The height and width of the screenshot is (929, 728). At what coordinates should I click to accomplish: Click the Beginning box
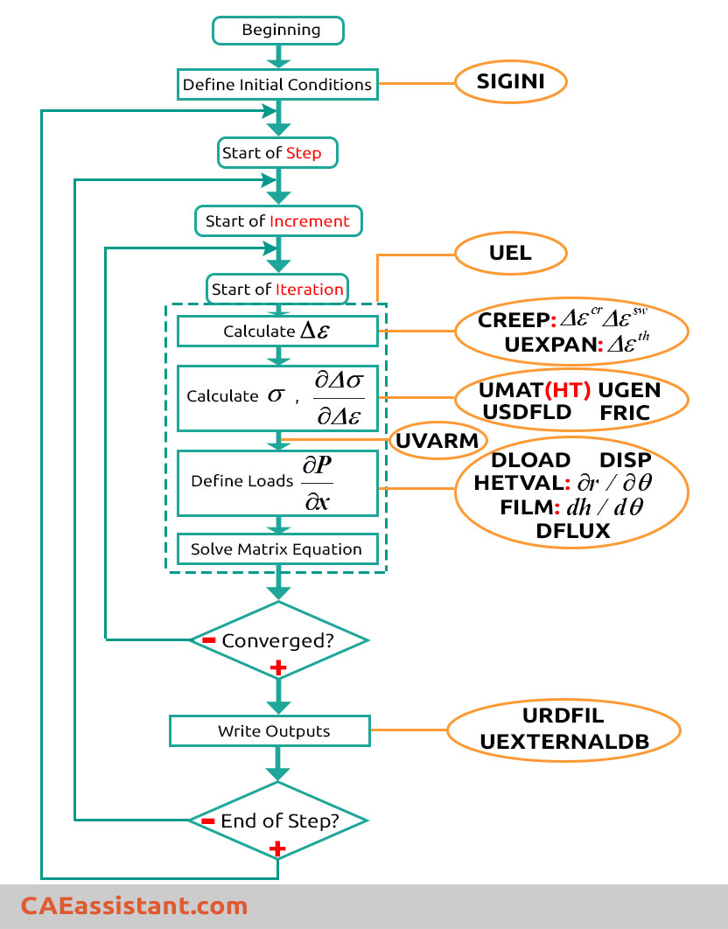point(278,31)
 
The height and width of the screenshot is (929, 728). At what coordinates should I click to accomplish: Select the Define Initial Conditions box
point(277,84)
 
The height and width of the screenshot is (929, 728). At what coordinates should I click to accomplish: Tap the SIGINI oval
point(510,81)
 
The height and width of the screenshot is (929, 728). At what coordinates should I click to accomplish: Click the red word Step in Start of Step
point(304,153)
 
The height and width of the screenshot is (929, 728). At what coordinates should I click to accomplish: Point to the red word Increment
point(310,221)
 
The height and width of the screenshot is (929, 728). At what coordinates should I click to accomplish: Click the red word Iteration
point(310,290)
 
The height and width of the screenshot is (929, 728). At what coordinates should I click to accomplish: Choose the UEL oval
point(510,253)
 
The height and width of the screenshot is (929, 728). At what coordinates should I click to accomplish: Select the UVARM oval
point(437,440)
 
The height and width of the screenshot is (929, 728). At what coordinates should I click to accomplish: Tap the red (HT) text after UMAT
point(567,390)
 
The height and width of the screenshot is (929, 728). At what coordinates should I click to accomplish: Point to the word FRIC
point(625,412)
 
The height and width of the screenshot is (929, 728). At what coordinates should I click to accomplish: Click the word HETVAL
point(519,483)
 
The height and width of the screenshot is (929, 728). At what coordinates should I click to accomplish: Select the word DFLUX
point(572,531)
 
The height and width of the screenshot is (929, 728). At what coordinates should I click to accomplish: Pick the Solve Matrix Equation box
point(277,549)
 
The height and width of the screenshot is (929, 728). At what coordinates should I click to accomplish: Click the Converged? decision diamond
point(278,639)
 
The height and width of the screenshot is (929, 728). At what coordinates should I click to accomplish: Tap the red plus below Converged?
point(278,668)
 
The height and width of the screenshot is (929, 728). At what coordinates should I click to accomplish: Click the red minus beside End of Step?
point(208,821)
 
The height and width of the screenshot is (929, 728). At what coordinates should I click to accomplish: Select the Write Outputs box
point(269,731)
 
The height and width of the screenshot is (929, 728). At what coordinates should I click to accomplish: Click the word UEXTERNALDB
point(564,742)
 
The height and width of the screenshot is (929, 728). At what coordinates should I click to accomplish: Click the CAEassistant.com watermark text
point(134,906)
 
